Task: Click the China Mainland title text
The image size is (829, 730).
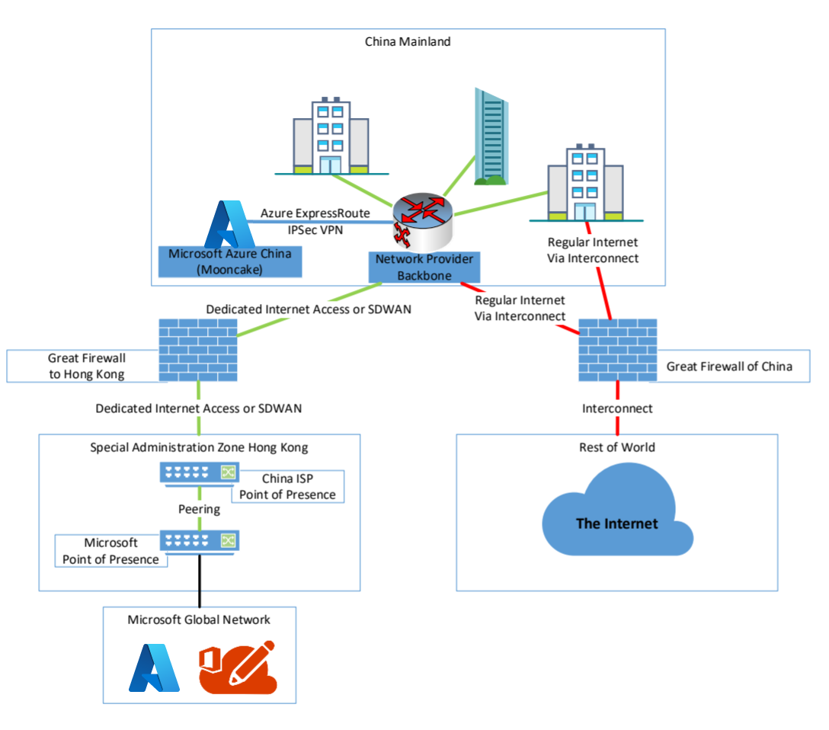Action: pos(408,41)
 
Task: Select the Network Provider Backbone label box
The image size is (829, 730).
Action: pos(424,267)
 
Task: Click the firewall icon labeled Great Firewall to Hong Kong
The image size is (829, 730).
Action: pos(198,349)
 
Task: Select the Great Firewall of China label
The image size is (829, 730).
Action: pos(729,367)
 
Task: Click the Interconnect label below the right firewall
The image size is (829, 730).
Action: pos(617,408)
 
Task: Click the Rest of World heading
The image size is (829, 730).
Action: pos(617,447)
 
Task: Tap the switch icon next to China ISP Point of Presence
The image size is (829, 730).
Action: pos(199,473)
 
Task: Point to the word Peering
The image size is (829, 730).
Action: pos(199,508)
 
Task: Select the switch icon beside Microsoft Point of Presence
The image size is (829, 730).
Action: pos(199,542)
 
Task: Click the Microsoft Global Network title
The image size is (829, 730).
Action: pos(199,620)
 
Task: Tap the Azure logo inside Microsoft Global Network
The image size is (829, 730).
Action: pos(155,668)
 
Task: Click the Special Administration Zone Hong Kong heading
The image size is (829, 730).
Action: pos(199,447)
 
